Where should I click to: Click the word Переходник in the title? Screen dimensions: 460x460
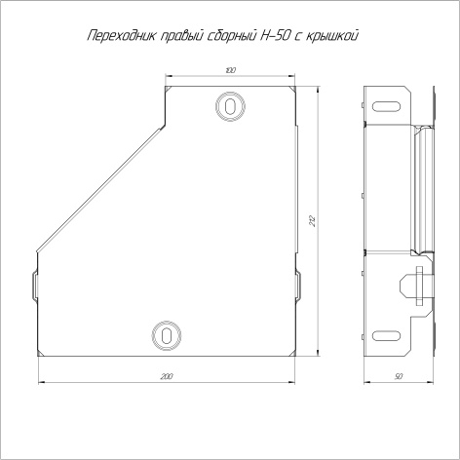point(121,36)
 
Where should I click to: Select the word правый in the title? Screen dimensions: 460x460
point(182,36)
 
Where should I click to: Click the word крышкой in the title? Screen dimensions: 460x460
point(334,36)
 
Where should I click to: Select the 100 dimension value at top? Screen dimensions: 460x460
point(230,70)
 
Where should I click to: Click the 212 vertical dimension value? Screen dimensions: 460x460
point(313,221)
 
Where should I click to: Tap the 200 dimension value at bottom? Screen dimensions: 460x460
point(167,376)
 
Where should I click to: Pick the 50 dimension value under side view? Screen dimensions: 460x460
point(399,376)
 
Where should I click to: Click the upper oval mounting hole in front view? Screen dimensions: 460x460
point(230,106)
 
